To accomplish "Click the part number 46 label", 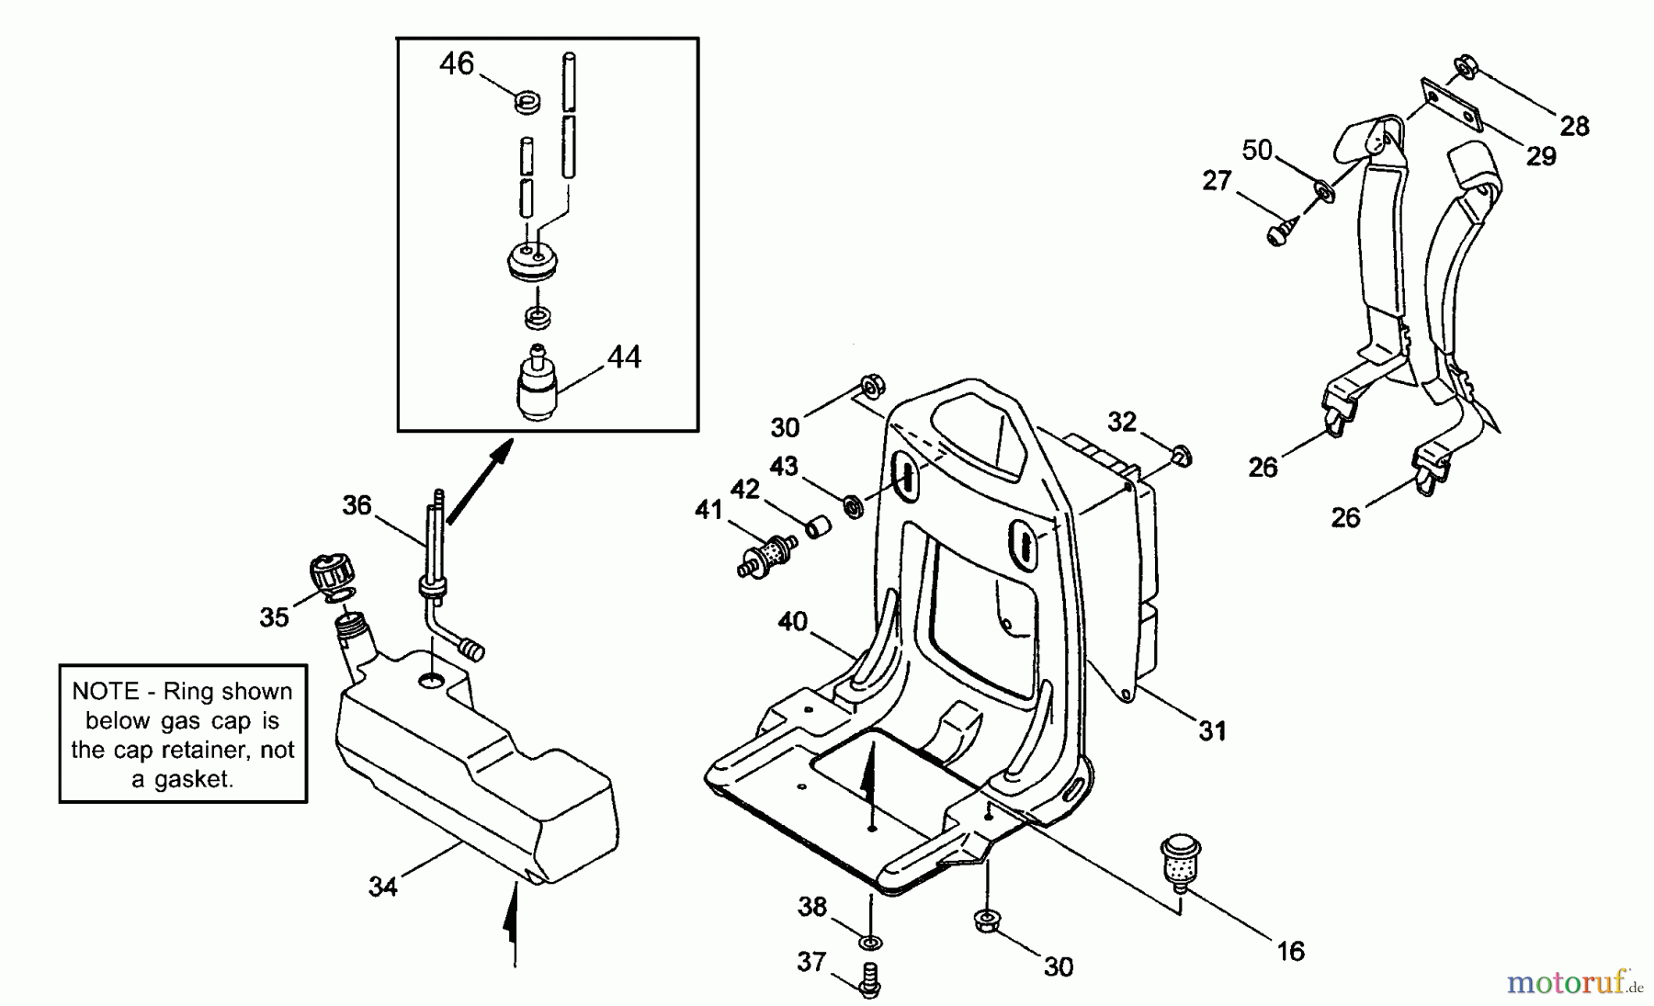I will [x=456, y=63].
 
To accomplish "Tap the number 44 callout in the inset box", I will [x=624, y=356].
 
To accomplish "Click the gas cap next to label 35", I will [x=332, y=574].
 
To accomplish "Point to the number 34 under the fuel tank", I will [x=382, y=887].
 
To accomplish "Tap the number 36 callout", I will [x=357, y=504].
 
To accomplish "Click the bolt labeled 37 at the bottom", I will [x=868, y=979].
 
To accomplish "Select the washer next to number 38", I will [x=870, y=942].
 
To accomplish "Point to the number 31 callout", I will [x=1212, y=731].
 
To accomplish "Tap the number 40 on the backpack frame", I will [x=792, y=622].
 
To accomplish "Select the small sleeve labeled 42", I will [x=818, y=526].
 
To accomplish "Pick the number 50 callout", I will [x=1257, y=150].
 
